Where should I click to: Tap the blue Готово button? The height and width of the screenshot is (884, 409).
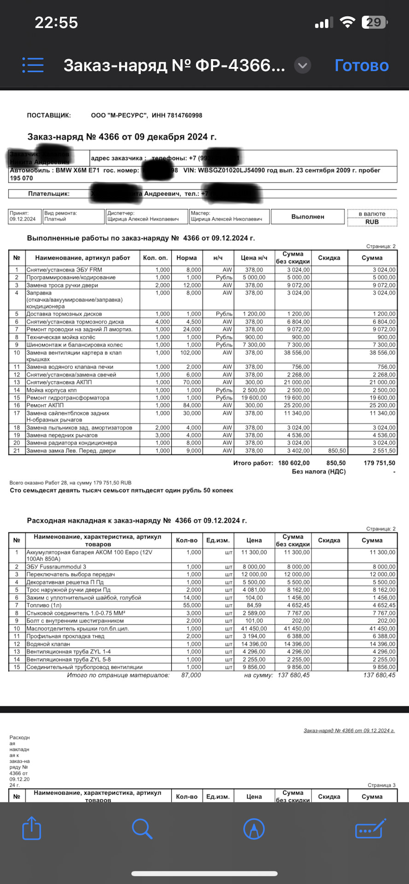362,65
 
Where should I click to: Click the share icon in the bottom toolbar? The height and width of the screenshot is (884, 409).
32,828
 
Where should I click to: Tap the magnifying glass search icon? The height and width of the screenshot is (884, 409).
142,828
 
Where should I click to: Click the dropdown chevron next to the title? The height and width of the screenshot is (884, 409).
303,65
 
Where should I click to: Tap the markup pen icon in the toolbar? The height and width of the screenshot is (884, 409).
254,828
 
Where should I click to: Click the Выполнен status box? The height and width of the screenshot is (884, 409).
308,216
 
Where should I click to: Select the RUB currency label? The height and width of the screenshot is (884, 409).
372,222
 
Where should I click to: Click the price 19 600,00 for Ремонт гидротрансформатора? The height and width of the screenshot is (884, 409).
254,398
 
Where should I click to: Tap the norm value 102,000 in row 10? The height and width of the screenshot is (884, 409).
190,353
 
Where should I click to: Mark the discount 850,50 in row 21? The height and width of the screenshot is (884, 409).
337,451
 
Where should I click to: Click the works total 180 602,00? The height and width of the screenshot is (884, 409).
294,463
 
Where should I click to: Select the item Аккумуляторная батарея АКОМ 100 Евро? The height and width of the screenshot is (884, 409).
89,552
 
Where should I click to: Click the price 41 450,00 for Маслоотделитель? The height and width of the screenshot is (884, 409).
254,628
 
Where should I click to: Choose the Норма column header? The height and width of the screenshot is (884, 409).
187,258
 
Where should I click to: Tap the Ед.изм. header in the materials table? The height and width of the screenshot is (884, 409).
218,540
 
